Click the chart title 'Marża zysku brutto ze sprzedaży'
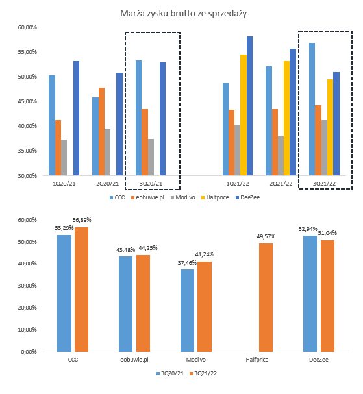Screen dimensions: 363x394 pyautogui.click(x=183, y=14)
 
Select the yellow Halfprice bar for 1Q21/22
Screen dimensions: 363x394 pyautogui.click(x=244, y=115)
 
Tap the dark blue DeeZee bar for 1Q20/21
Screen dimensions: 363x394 pyautogui.click(x=76, y=118)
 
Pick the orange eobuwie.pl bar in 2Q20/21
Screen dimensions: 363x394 pyautogui.click(x=101, y=131)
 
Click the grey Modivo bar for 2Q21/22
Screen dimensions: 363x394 pyautogui.click(x=281, y=156)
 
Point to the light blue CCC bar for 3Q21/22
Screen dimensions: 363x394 pyautogui.click(x=312, y=109)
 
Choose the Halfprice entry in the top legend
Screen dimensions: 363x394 pyautogui.click(x=215, y=197)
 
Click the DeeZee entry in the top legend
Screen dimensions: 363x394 pyautogui.click(x=247, y=197)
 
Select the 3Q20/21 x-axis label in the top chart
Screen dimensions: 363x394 pyautogui.click(x=151, y=184)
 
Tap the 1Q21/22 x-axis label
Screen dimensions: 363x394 pyautogui.click(x=238, y=184)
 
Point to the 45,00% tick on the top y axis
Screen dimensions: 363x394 pyautogui.click(x=27, y=101)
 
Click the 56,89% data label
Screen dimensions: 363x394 pyautogui.click(x=82, y=220)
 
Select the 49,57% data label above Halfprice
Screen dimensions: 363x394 pyautogui.click(x=266, y=236)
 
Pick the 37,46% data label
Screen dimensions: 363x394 pyautogui.click(x=187, y=263)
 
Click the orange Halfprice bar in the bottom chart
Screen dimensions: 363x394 pyautogui.click(x=266, y=297)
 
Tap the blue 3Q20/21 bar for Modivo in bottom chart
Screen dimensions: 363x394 pyautogui.click(x=187, y=310)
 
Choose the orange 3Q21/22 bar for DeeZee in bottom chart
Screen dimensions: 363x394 pyautogui.click(x=327, y=296)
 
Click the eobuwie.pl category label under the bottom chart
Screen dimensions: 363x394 pyautogui.click(x=134, y=360)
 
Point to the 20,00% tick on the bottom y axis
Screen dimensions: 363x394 pyautogui.click(x=27, y=308)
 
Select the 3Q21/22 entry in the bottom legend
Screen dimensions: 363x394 pyautogui.click(x=203, y=373)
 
